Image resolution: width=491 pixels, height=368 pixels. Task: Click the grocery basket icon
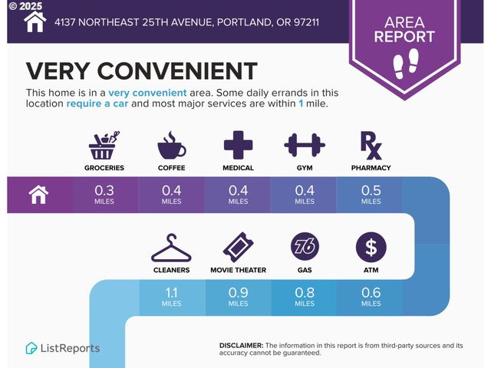click(105, 145)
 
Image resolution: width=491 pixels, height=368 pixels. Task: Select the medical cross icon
click(238, 144)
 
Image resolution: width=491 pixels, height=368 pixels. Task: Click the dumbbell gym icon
click(305, 144)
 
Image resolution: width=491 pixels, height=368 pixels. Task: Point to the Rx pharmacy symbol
click(371, 144)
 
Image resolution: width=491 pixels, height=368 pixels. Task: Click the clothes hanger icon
click(171, 247)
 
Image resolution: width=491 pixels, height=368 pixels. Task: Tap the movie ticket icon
click(238, 247)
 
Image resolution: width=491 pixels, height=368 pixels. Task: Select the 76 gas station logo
click(305, 247)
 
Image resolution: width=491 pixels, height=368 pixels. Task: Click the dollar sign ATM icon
click(371, 247)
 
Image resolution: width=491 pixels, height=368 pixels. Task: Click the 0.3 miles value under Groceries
click(105, 190)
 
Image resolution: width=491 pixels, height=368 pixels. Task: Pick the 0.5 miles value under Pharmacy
click(371, 190)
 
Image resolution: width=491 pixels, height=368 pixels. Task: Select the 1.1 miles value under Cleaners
click(172, 292)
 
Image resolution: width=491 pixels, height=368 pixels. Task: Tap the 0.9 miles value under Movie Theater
click(238, 292)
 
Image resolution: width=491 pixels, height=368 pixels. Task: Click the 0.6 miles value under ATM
click(371, 292)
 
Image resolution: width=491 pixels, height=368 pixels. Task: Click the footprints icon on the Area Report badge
click(404, 62)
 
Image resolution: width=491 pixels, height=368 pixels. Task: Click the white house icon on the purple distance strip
click(38, 195)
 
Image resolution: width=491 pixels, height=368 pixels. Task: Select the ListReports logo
click(62, 348)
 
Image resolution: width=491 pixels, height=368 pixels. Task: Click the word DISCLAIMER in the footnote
click(241, 345)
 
